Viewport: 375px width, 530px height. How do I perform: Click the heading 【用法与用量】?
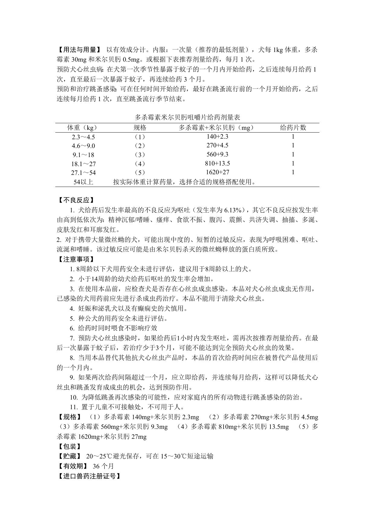coord(78,50)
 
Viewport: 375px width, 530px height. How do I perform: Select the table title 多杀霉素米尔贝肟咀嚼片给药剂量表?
coord(187,117)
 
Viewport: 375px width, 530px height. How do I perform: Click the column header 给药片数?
coord(293,128)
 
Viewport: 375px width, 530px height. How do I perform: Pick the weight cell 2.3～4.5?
coord(83,137)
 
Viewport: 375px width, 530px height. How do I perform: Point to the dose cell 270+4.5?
coord(217,145)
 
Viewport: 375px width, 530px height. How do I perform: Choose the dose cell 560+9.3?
coord(217,154)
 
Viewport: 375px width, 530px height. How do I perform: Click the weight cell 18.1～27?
coord(83,164)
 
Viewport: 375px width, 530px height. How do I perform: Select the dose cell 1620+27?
coord(217,172)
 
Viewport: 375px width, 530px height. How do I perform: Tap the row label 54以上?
coord(83,182)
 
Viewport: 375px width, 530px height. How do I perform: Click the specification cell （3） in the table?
coord(139,155)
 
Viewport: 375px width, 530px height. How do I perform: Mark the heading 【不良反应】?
coord(75,200)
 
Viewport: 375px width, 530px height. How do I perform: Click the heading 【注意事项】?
coord(75,259)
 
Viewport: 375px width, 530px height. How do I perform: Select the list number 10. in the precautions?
coord(74,397)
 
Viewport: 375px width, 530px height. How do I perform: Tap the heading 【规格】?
coord(69,417)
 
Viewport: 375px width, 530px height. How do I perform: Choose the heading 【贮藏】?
coord(69,456)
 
